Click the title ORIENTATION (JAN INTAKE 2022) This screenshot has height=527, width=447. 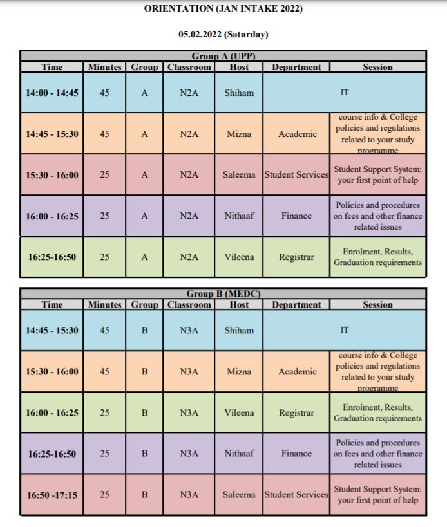223,8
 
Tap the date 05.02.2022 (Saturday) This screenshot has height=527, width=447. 223,35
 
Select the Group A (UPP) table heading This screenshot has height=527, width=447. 223,56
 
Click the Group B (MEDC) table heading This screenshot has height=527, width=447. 223,294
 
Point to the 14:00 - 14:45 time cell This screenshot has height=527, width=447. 52,93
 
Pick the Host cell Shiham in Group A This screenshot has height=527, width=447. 239,93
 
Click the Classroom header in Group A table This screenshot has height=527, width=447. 189,67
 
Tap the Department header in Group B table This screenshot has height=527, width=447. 296,305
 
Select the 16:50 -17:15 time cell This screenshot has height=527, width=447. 52,495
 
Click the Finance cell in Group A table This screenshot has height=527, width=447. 296,216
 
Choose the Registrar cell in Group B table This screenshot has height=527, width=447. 296,413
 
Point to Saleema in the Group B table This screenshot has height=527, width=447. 239,495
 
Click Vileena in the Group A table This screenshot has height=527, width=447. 239,257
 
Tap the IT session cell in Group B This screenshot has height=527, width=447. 345,330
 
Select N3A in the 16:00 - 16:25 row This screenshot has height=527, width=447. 189,413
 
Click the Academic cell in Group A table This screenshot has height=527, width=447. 296,134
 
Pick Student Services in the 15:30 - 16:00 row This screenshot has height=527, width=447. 296,174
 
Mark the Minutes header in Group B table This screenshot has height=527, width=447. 105,305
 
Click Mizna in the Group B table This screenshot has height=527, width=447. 239,372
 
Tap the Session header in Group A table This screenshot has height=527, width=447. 377,67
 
